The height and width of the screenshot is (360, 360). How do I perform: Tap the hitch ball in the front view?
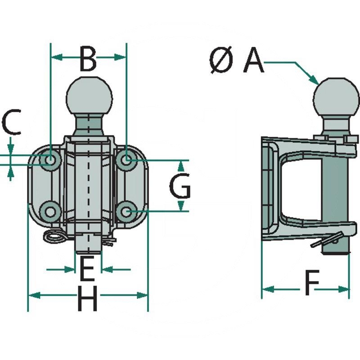89,96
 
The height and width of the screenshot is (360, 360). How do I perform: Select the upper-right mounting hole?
127,159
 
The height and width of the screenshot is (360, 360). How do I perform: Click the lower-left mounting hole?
50,210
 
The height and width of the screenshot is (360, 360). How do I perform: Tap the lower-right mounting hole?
127,210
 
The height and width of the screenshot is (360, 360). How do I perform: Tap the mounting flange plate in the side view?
267,189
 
